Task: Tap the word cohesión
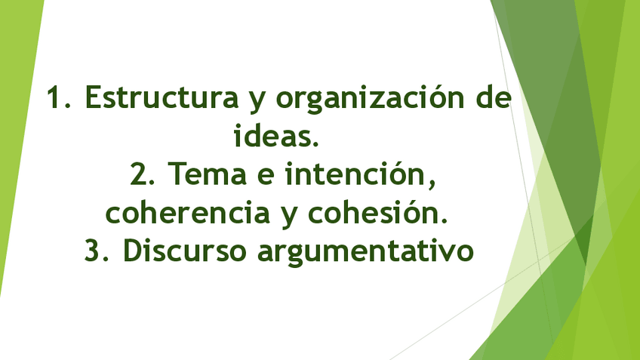[369, 214]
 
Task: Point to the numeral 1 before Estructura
[54, 98]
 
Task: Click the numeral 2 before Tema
[138, 175]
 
